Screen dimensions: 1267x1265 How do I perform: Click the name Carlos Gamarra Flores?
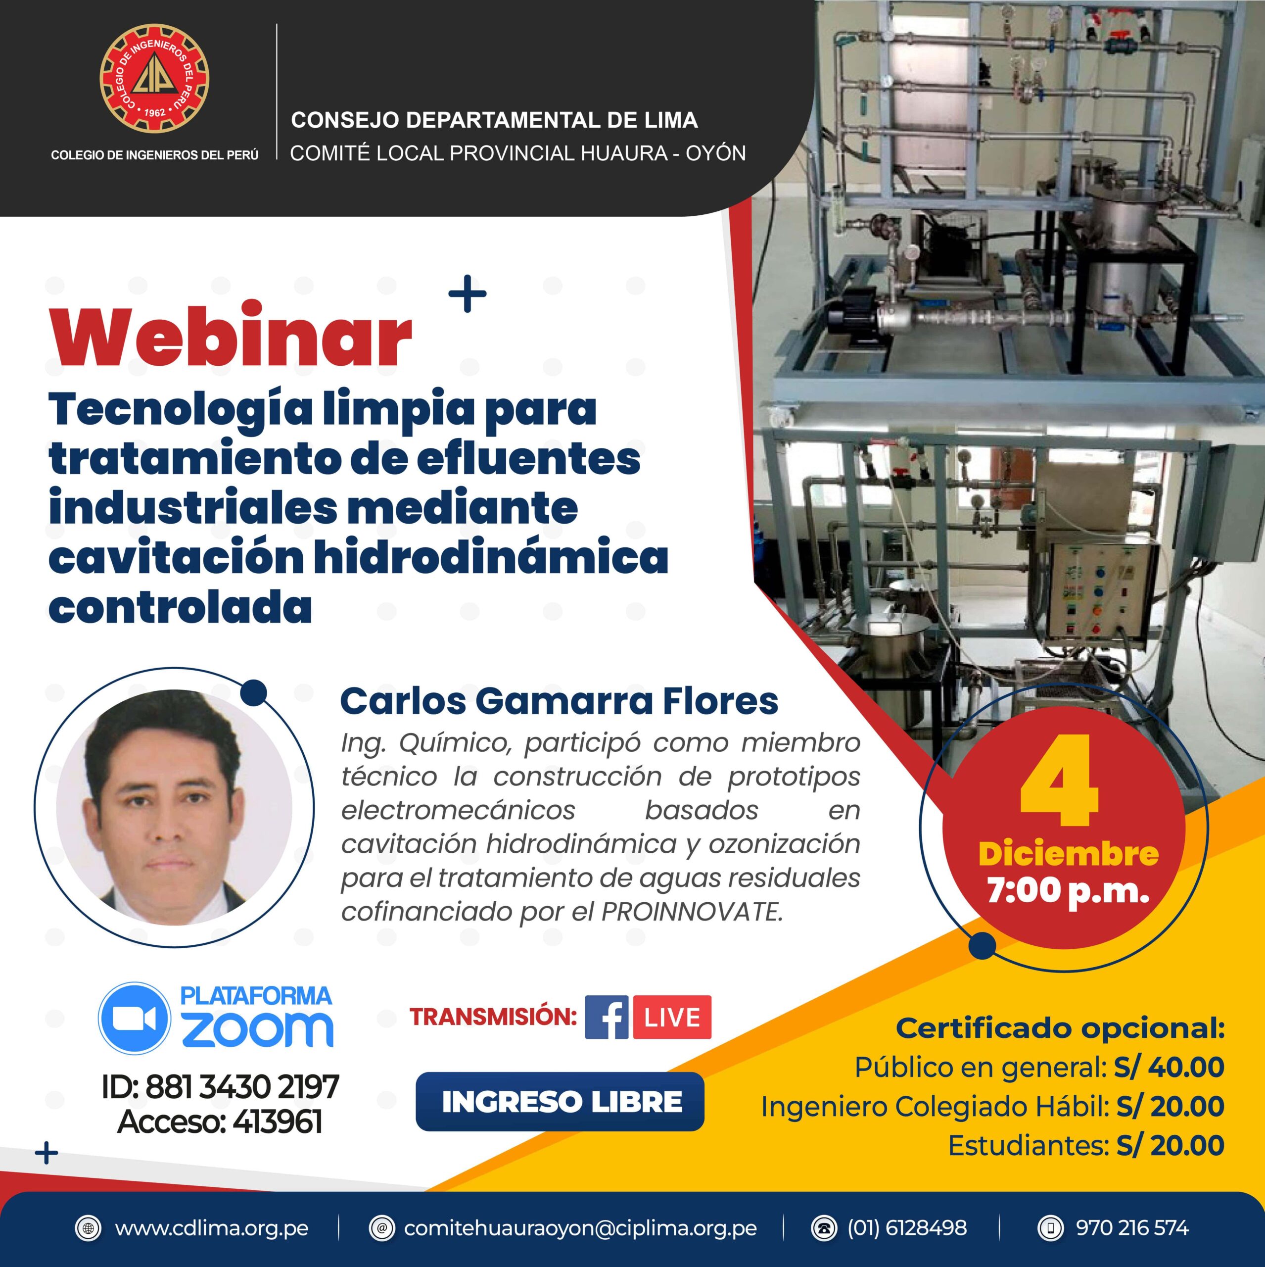coord(559,701)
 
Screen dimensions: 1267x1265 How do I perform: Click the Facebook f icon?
coord(607,1017)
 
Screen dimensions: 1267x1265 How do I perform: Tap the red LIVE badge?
coord(672,1017)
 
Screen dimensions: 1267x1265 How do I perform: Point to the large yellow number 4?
coord(1060,781)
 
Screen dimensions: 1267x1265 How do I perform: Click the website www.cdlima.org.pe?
coord(211,1228)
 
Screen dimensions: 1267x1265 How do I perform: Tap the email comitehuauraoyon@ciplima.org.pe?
coord(580,1228)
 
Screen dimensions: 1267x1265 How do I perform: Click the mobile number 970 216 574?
coord(1132,1228)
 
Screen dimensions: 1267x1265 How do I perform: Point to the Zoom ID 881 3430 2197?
coord(241,1087)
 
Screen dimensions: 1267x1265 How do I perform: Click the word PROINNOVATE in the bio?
coord(692,912)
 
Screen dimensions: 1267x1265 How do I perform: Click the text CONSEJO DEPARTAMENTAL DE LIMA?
coord(494,120)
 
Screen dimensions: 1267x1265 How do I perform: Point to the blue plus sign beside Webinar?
coord(468,293)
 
